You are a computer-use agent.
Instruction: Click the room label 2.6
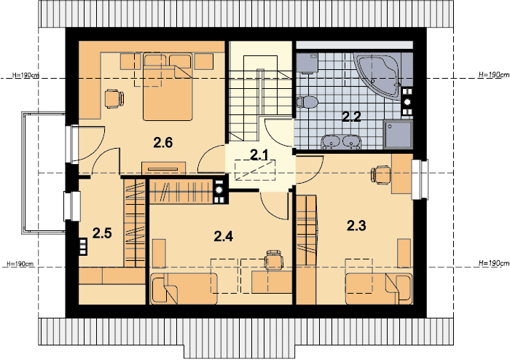[163, 143]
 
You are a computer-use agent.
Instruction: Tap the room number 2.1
[259, 155]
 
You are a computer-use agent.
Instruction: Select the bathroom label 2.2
[352, 117]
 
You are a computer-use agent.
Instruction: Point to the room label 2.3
[356, 225]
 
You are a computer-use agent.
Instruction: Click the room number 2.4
[224, 236]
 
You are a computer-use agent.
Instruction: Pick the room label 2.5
[102, 233]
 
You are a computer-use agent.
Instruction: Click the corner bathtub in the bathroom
[379, 76]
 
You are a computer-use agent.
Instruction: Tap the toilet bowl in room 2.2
[307, 102]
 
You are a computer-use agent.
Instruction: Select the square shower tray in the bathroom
[398, 134]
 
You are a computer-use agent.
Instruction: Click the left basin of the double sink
[331, 142]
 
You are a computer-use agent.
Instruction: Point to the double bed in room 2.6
[168, 87]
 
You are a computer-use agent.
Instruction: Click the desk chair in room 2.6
[114, 99]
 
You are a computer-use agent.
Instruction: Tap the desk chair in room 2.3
[381, 175]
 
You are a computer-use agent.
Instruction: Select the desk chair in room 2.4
[274, 260]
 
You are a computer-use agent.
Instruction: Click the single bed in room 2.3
[379, 289]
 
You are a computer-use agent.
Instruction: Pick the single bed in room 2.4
[184, 289]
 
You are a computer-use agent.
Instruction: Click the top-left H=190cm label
[25, 75]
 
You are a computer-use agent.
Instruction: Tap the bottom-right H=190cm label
[494, 263]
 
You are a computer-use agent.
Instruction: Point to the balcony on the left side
[44, 173]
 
